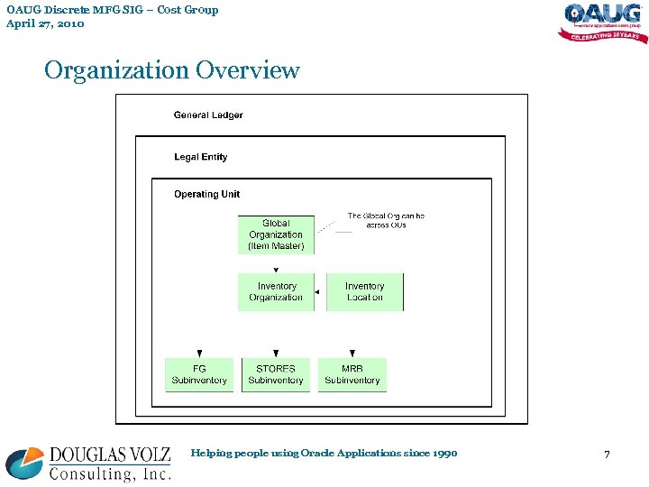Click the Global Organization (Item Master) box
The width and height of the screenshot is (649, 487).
tap(276, 234)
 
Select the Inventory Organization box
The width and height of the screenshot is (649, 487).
tap(276, 292)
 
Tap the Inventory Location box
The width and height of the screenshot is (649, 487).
tap(364, 292)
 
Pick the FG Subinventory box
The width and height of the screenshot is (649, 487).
tap(199, 374)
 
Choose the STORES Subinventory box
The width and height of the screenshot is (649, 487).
tap(276, 374)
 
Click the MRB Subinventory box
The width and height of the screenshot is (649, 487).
tap(352, 374)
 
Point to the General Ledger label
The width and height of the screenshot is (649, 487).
tap(208, 115)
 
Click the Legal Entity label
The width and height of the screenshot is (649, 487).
tap(201, 157)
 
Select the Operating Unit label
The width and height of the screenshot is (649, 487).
tap(207, 194)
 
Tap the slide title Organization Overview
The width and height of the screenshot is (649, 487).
tap(172, 70)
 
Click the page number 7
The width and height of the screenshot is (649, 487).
tap(607, 455)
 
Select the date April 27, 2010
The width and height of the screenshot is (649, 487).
tap(45, 23)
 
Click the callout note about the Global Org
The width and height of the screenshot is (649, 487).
tap(386, 220)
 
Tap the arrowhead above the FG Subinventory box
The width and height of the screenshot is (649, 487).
tap(199, 354)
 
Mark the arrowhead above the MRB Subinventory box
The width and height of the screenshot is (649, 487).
tap(352, 354)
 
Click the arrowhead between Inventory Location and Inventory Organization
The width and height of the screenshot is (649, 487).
tap(317, 292)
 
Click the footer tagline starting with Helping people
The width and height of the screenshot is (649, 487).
tap(324, 453)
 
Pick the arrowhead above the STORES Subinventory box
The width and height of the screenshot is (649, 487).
tap(276, 354)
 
